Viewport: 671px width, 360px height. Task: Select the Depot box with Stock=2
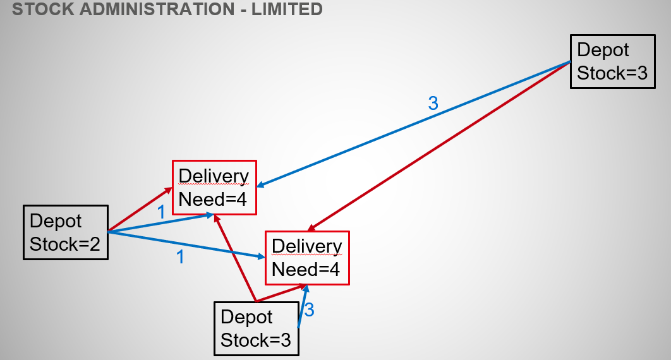tap(66, 232)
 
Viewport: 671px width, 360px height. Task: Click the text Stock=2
tap(65, 244)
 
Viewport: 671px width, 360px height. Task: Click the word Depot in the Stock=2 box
tap(56, 221)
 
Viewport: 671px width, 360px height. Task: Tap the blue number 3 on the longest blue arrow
tap(433, 104)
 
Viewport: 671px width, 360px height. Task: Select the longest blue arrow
tap(414, 124)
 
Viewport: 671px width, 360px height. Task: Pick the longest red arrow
tap(439, 146)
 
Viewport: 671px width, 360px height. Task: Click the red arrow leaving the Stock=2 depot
tap(140, 210)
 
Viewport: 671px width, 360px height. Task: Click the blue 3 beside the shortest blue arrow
tap(309, 310)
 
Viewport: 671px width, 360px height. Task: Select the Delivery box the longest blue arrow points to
tap(214, 188)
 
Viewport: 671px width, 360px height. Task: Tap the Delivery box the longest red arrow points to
tap(307, 258)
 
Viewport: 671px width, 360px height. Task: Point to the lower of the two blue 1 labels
tap(181, 258)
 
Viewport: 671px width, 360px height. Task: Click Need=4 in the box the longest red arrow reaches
tap(306, 270)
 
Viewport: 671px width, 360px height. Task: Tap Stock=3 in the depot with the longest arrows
tap(612, 73)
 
